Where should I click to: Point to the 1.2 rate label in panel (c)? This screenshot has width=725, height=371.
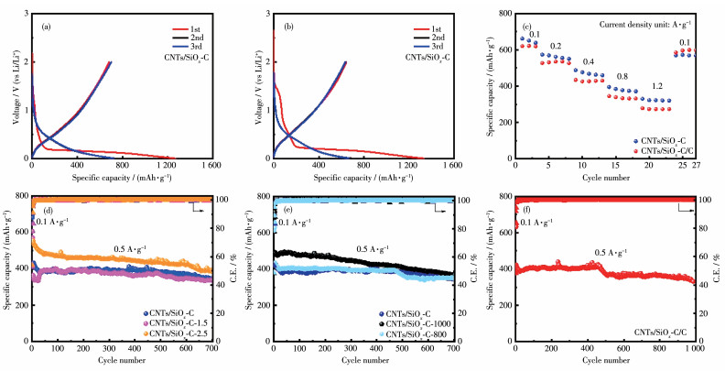pyautogui.click(x=656, y=87)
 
